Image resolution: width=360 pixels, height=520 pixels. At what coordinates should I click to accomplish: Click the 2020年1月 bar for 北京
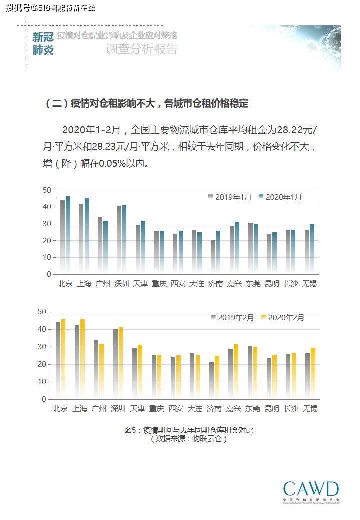click(x=68, y=235)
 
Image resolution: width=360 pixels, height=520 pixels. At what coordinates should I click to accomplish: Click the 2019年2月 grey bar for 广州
click(x=96, y=369)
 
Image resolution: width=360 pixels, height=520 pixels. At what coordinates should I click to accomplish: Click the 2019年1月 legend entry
click(x=230, y=197)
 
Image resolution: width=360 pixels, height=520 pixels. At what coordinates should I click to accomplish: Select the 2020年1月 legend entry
click(x=280, y=197)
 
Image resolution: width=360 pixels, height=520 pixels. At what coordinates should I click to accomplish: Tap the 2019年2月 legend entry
click(x=232, y=318)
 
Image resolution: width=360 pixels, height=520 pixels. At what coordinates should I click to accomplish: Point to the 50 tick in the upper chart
click(x=47, y=190)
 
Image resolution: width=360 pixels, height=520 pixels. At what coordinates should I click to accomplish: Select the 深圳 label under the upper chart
click(x=121, y=284)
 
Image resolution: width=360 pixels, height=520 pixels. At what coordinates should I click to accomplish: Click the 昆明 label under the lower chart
click(x=272, y=409)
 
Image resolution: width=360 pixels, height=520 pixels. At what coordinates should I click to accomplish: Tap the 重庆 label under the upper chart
click(x=159, y=284)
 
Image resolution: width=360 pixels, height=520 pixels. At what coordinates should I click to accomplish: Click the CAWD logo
click(x=311, y=491)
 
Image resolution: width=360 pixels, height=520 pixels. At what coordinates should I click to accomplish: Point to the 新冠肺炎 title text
click(x=43, y=44)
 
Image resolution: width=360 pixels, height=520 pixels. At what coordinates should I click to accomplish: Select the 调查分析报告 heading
click(x=141, y=49)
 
